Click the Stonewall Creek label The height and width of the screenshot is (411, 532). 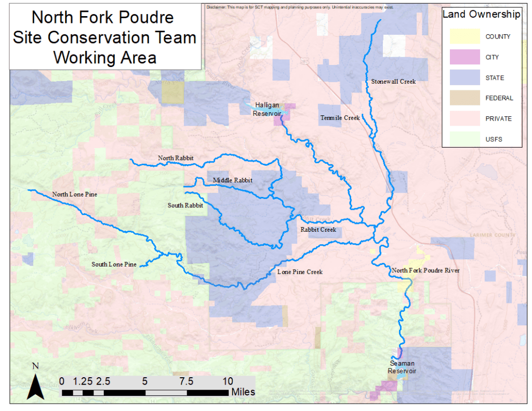pos(393,82)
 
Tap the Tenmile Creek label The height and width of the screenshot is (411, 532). pos(340,118)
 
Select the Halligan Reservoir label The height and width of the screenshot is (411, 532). pos(268,109)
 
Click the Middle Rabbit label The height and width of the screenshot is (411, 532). pos(232,180)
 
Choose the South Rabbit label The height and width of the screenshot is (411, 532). pos(185,205)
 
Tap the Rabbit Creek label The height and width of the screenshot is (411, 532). pos(318,229)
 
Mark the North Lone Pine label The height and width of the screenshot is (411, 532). pos(74,194)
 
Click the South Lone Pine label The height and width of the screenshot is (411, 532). pos(114,264)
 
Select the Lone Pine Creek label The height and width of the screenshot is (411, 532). pos(300,272)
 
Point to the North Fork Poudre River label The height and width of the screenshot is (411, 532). pos(425,270)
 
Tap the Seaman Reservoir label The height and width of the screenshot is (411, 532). pos(402,367)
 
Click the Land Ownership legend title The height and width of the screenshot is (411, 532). pos(481,15)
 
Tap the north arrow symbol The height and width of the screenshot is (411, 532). pos(35,385)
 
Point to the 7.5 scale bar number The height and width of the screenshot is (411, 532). pos(187,381)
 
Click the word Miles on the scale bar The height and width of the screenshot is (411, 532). pos(244,391)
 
